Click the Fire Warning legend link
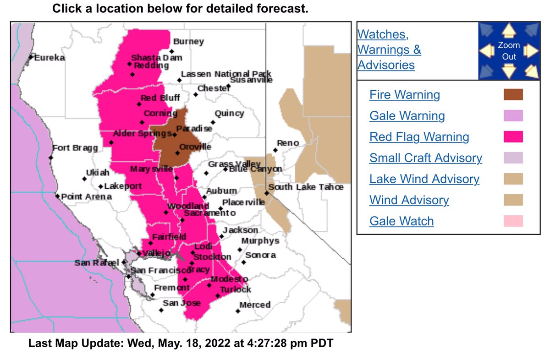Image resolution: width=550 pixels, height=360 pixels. pyautogui.click(x=404, y=95)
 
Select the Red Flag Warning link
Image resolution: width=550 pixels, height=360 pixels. pyautogui.click(x=419, y=137)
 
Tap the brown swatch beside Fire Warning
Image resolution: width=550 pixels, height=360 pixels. pyautogui.click(x=513, y=95)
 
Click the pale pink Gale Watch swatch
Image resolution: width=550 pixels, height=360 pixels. pyautogui.click(x=513, y=221)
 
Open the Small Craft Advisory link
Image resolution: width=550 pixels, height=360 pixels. pyautogui.click(x=425, y=158)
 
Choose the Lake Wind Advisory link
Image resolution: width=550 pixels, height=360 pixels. pyautogui.click(x=424, y=179)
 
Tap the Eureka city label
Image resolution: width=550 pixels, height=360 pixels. pyautogui.click(x=49, y=58)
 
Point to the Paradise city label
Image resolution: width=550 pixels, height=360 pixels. pyautogui.click(x=194, y=129)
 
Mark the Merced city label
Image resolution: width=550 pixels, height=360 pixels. pyautogui.click(x=255, y=305)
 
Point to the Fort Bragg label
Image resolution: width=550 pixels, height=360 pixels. pyautogui.click(x=75, y=148)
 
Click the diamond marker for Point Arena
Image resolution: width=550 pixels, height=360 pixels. pyautogui.click(x=58, y=196)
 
